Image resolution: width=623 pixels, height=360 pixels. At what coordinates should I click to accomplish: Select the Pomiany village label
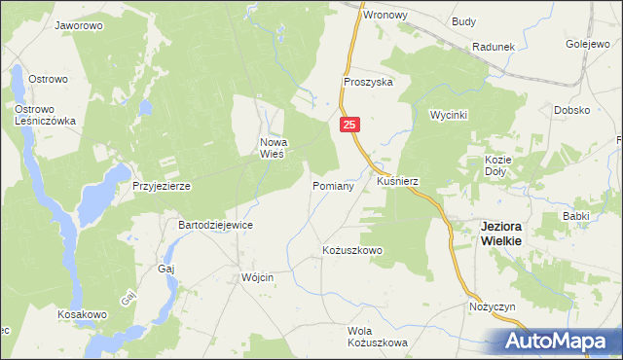click(332, 185)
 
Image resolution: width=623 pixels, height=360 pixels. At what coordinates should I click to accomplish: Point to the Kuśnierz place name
click(396, 181)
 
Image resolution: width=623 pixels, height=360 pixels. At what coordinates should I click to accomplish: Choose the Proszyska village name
click(368, 83)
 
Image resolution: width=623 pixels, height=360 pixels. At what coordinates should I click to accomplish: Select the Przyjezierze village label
click(161, 185)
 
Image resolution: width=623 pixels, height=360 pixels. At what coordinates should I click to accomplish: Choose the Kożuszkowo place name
click(352, 250)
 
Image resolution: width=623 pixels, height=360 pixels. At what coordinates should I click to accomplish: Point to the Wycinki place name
click(450, 115)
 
